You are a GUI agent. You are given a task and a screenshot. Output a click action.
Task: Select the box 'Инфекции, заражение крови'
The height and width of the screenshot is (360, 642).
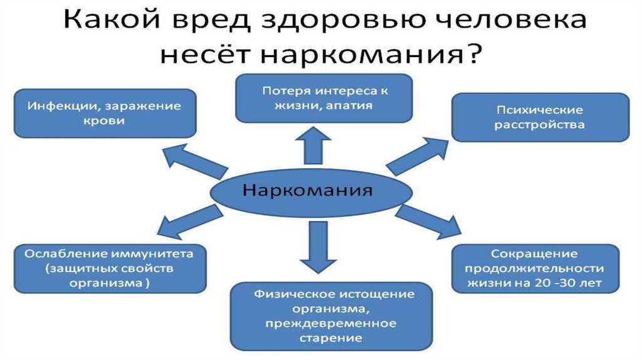pyautogui.click(x=105, y=114)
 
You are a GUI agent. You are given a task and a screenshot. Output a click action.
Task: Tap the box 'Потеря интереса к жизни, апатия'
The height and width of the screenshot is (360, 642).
pyautogui.click(x=324, y=98)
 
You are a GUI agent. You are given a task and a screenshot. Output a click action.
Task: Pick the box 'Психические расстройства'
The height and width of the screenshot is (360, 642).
pyautogui.click(x=540, y=117)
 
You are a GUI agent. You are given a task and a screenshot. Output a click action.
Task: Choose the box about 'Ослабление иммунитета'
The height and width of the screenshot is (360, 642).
pyautogui.click(x=110, y=268)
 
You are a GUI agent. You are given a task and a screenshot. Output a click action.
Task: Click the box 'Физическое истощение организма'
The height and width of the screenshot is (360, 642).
pyautogui.click(x=331, y=315)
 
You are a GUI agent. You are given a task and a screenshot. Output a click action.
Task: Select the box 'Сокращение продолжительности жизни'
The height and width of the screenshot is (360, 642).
pyautogui.click(x=535, y=268)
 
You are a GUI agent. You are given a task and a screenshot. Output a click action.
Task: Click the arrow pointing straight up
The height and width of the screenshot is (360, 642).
pyautogui.click(x=313, y=146)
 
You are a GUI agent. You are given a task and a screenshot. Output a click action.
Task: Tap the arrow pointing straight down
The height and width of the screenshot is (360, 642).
pyautogui.click(x=318, y=247)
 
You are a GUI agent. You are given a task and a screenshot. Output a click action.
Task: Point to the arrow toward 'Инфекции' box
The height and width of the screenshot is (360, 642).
pyautogui.click(x=195, y=161)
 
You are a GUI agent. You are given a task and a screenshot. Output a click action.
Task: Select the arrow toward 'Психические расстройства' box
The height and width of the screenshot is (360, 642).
pyautogui.click(x=417, y=156)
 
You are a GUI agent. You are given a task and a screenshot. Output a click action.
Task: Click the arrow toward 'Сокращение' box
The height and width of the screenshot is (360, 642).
pyautogui.click(x=428, y=221)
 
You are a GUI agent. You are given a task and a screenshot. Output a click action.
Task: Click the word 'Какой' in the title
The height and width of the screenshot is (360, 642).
pyautogui.click(x=112, y=19)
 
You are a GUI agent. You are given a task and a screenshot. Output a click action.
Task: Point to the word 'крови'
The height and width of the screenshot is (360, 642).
pyautogui.click(x=104, y=121)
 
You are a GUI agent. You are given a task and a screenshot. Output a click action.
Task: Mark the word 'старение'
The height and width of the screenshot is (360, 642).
pyautogui.click(x=330, y=338)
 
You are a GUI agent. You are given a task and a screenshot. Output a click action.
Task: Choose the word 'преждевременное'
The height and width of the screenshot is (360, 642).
pyautogui.click(x=331, y=324)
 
